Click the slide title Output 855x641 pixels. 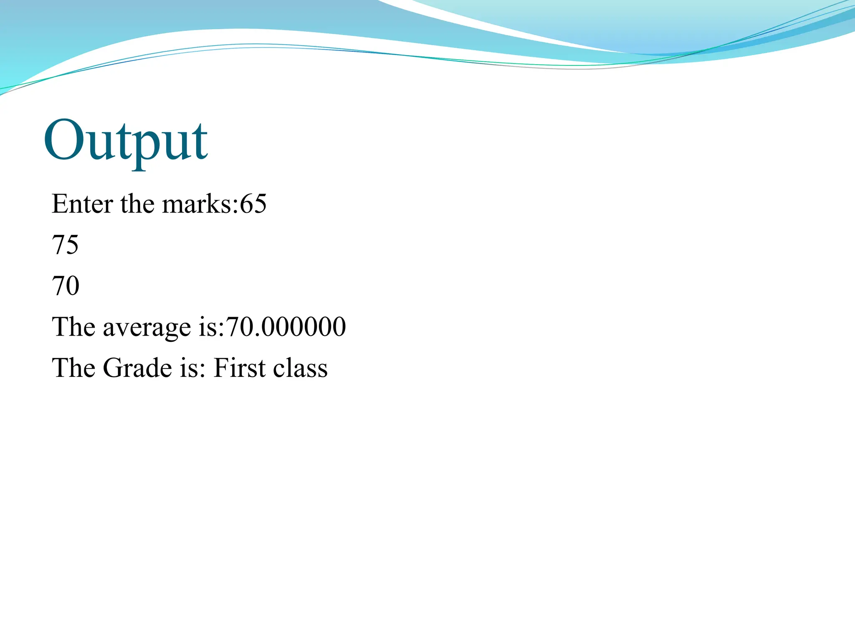tap(125, 140)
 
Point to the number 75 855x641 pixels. tap(65, 245)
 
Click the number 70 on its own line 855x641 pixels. tap(66, 286)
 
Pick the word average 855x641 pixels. tap(147, 327)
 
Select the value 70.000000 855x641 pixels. tap(286, 327)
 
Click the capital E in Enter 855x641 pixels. tap(59, 204)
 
